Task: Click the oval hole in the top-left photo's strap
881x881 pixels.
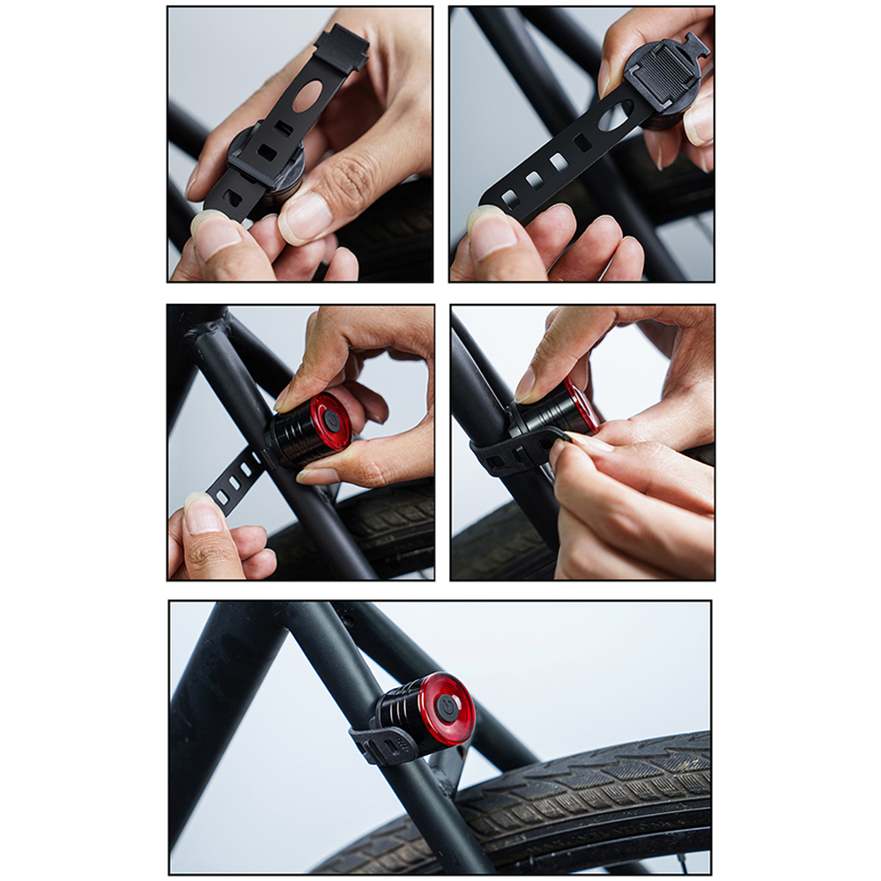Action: [x=307, y=96]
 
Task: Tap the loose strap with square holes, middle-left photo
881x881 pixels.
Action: [x=231, y=479]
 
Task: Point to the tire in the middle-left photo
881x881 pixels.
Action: [x=388, y=529]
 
